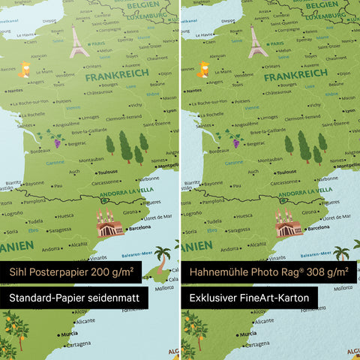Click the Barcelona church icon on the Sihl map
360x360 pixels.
[109, 223]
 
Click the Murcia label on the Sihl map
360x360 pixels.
[70, 333]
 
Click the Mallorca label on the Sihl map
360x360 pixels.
[160, 286]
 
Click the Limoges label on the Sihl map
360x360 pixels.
[90, 117]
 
